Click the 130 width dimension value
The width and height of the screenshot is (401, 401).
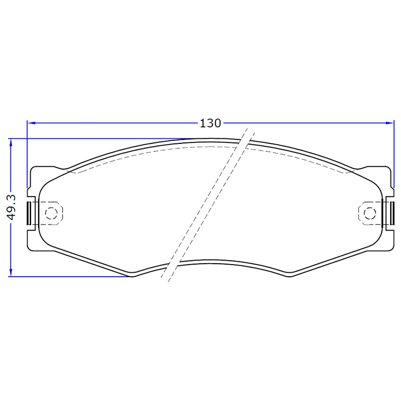pyautogui.click(x=210, y=123)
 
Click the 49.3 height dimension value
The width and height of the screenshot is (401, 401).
pyautogui.click(x=12, y=207)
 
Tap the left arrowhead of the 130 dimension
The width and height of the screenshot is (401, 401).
pyautogui.click(x=32, y=123)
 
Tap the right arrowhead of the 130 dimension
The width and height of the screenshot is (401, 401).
pyautogui.click(x=389, y=123)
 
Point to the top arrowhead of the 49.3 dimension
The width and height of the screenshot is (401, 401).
pyautogui.click(x=11, y=143)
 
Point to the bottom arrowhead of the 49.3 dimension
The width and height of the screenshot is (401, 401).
pyautogui.click(x=11, y=272)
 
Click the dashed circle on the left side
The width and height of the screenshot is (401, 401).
pyautogui.click(x=51, y=213)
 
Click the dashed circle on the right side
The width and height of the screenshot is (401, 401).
pyautogui.click(x=370, y=213)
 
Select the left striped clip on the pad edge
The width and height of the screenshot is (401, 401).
pyautogui.click(x=29, y=214)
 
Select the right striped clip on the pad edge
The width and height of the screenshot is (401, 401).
pyautogui.click(x=391, y=214)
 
